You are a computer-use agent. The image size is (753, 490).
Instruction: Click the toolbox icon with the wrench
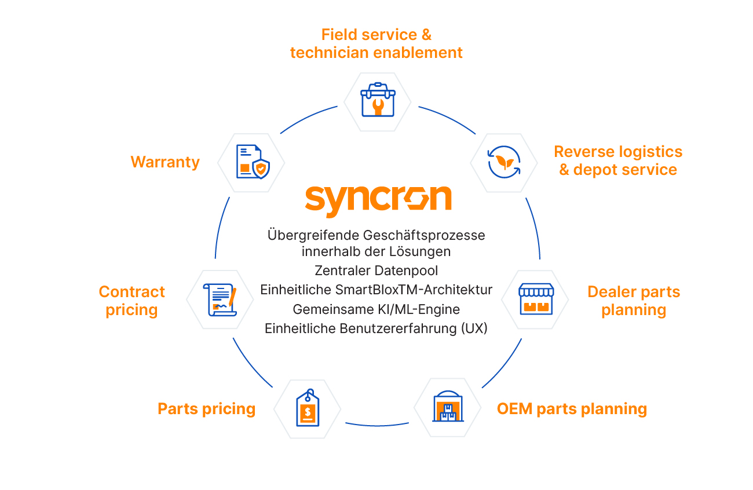tap(377, 101)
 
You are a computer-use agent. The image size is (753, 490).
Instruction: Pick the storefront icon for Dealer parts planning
tap(536, 299)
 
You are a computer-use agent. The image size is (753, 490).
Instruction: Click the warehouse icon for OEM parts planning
tap(448, 407)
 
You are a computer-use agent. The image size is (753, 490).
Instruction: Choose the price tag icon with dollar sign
tap(307, 408)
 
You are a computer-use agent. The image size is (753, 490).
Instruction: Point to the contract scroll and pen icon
tap(221, 299)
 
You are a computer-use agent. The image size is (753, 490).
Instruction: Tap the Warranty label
tap(165, 162)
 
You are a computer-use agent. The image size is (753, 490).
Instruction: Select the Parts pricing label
tap(206, 409)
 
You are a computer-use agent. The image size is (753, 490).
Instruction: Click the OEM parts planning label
tap(572, 409)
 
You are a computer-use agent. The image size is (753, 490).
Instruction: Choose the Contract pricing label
tap(131, 301)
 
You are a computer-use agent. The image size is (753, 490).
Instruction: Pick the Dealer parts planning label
tap(634, 301)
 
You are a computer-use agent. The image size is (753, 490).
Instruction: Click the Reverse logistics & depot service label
tap(618, 160)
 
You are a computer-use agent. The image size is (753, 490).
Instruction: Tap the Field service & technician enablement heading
tap(376, 43)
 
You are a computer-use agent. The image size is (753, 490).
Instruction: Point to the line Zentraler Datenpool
tap(376, 270)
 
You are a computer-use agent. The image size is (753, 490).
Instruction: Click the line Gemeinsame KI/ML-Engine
tap(376, 309)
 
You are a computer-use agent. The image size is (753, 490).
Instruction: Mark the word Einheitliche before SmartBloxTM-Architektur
tap(291, 290)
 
